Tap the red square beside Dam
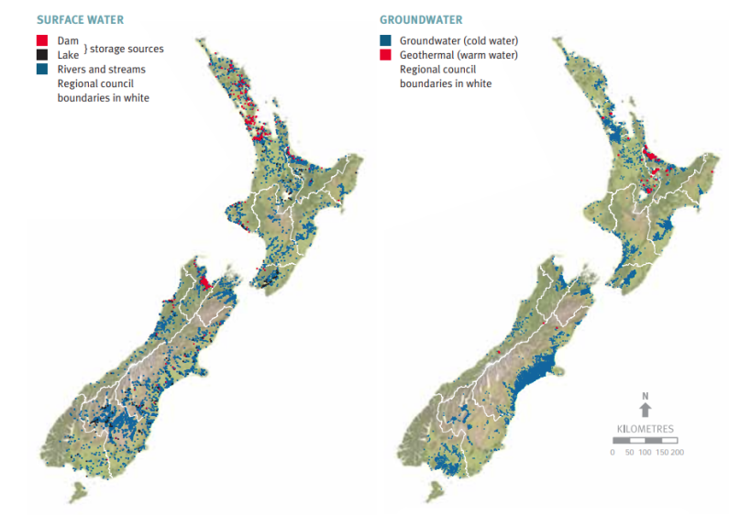coord(42,41)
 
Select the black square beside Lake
coord(42,55)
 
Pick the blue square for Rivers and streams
coord(42,69)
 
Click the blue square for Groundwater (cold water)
coord(385,41)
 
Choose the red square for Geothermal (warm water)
coord(385,55)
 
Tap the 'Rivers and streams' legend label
coord(101,69)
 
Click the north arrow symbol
coord(646,411)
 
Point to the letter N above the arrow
coord(646,396)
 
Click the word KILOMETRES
coord(646,429)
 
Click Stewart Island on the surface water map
coord(80,494)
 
